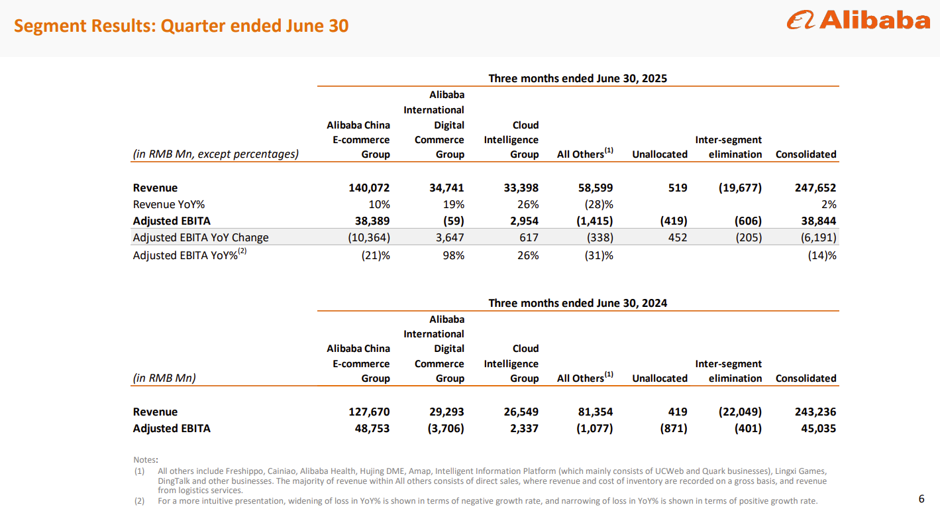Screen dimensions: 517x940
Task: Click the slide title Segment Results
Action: [x=181, y=26]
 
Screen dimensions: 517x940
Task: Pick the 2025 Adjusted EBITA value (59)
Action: [x=451, y=221]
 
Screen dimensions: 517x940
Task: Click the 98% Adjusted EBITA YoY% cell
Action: [x=452, y=255]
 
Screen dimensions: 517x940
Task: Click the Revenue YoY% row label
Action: [x=169, y=204]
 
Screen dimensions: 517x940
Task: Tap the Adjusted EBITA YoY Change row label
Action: [x=201, y=237]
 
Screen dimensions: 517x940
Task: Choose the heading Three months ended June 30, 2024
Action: [x=578, y=303]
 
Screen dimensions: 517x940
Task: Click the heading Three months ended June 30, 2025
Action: [x=578, y=78]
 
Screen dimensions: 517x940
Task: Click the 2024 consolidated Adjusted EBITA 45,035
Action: [x=815, y=428]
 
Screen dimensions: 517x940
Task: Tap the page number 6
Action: [x=921, y=499]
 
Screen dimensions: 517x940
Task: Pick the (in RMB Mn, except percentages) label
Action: [x=216, y=154]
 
